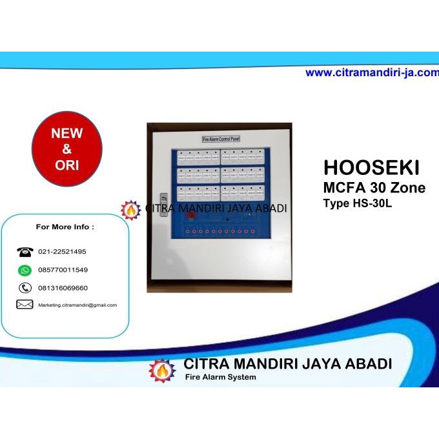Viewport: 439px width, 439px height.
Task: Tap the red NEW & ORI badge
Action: [x=67, y=149]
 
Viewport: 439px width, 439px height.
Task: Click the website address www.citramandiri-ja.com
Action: [x=371, y=73]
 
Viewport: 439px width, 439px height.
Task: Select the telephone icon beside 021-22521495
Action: [x=25, y=252]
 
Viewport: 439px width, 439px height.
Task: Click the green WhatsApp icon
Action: [x=25, y=270]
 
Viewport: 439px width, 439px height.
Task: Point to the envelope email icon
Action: [x=25, y=305]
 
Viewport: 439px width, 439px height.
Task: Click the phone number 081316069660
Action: [x=63, y=288]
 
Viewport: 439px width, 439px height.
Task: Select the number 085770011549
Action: [x=63, y=270]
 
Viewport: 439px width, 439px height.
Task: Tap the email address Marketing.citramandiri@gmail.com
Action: [x=77, y=305]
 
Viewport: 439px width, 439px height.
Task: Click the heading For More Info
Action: [x=65, y=227]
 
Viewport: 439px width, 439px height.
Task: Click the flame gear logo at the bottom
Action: [x=161, y=370]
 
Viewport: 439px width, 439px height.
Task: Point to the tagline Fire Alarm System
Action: [x=220, y=377]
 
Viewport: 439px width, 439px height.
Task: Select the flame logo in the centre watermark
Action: [x=131, y=210]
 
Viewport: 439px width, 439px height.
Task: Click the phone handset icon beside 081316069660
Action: [x=25, y=288]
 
